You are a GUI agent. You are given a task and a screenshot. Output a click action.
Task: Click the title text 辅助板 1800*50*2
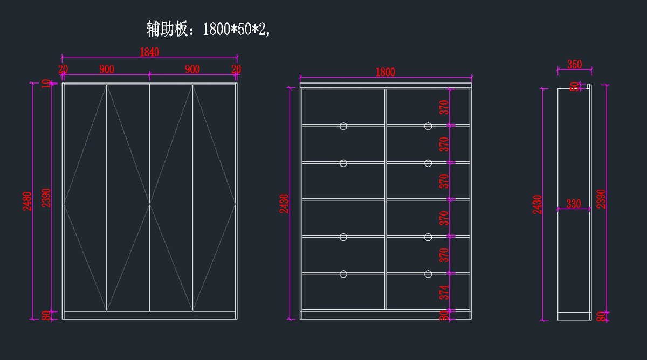(208, 29)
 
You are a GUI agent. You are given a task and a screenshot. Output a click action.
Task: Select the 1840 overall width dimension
(149, 52)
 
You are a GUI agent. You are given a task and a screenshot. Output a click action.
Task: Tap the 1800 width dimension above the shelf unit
(385, 72)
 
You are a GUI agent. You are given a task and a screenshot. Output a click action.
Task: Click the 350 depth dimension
(575, 65)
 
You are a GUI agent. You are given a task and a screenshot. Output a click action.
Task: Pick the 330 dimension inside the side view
(574, 204)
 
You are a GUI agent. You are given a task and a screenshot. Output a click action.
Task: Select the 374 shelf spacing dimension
(444, 292)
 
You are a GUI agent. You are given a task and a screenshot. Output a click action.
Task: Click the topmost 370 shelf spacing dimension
(444, 107)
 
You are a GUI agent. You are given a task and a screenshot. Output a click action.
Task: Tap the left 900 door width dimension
(107, 69)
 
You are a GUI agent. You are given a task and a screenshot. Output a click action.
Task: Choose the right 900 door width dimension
(192, 69)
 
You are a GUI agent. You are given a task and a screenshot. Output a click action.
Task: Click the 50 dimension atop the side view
(575, 86)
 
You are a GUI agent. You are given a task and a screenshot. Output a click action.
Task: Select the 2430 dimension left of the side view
(538, 204)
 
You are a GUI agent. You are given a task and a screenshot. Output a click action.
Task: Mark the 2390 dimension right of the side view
(601, 199)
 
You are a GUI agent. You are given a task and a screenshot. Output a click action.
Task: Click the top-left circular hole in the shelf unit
(343, 126)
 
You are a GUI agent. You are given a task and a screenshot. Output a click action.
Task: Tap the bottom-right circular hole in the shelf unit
(428, 274)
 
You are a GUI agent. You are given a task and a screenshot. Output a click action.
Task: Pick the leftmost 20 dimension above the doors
(63, 69)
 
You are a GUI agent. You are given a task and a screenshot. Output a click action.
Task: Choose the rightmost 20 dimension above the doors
(236, 69)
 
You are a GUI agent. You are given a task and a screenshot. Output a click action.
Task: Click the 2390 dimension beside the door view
(46, 199)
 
